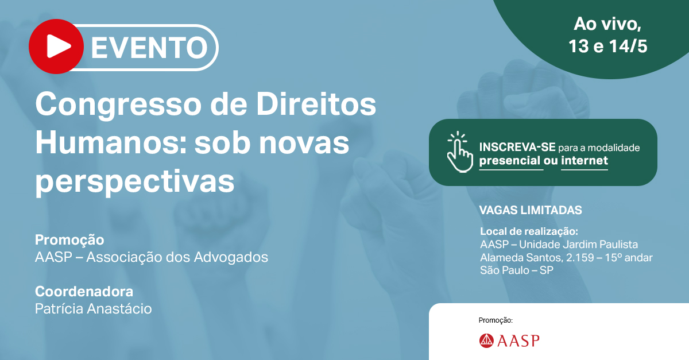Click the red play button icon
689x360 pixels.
(x=56, y=47)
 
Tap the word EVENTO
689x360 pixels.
(x=149, y=48)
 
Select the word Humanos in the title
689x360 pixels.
(x=111, y=143)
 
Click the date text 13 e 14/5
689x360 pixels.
(x=608, y=47)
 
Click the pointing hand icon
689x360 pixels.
(x=460, y=152)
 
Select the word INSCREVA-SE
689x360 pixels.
(x=517, y=148)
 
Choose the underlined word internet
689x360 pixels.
(x=585, y=160)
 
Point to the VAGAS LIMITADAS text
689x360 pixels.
(x=531, y=210)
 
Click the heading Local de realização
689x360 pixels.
(x=529, y=231)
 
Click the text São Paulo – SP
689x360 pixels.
(x=517, y=270)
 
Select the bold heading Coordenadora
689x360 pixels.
(x=84, y=291)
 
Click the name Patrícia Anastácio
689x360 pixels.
(x=94, y=309)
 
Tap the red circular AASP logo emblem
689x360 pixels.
(x=486, y=340)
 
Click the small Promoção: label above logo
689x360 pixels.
(x=496, y=320)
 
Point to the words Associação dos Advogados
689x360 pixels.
(x=177, y=257)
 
